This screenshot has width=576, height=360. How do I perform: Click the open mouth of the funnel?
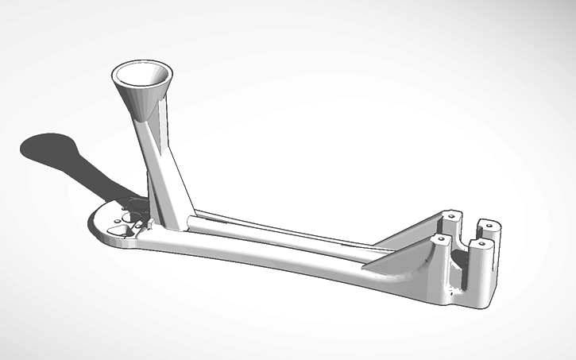(x=141, y=75)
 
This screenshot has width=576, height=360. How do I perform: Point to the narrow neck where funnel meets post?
(x=149, y=119)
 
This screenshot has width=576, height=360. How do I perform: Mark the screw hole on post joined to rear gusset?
(x=451, y=215)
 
